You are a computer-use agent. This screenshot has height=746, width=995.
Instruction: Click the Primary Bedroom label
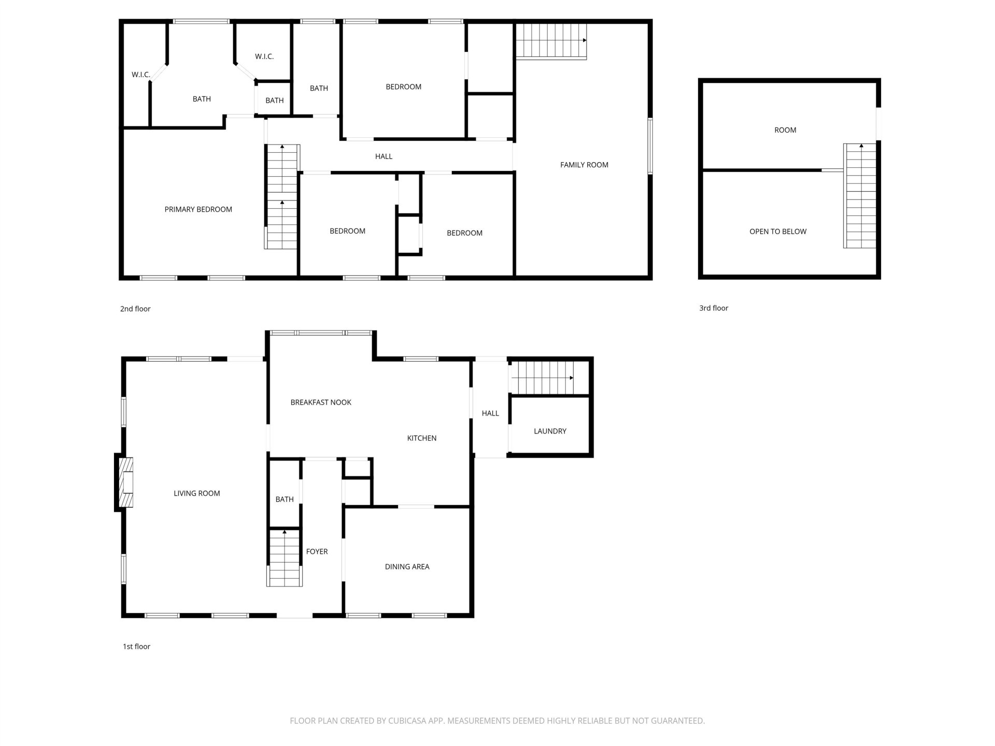(x=198, y=209)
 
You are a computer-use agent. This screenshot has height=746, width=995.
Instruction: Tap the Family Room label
(x=584, y=165)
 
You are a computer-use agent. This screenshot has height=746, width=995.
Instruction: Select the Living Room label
(x=197, y=493)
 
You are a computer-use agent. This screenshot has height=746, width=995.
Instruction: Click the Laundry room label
(x=550, y=431)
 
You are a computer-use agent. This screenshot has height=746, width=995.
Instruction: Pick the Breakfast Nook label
(x=321, y=402)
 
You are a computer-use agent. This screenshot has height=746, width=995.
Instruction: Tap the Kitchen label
(x=422, y=438)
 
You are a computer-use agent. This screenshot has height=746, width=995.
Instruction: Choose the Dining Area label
(x=407, y=567)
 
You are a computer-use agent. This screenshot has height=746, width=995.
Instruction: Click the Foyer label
(x=317, y=552)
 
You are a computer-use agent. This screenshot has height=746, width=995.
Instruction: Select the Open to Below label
(x=778, y=232)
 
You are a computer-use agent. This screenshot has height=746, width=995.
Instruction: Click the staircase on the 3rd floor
(x=860, y=196)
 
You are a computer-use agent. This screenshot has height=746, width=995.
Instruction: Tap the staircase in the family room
(x=551, y=41)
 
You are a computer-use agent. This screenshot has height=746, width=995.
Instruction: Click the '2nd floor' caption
(x=135, y=309)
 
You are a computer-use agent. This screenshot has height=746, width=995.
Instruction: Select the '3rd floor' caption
(x=714, y=308)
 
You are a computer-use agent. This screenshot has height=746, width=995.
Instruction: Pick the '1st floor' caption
(x=136, y=647)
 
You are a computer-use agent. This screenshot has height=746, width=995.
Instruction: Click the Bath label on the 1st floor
(x=285, y=499)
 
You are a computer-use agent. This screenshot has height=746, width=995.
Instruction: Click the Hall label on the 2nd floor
(x=383, y=156)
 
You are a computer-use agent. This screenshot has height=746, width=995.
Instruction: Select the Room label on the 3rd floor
(x=785, y=130)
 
